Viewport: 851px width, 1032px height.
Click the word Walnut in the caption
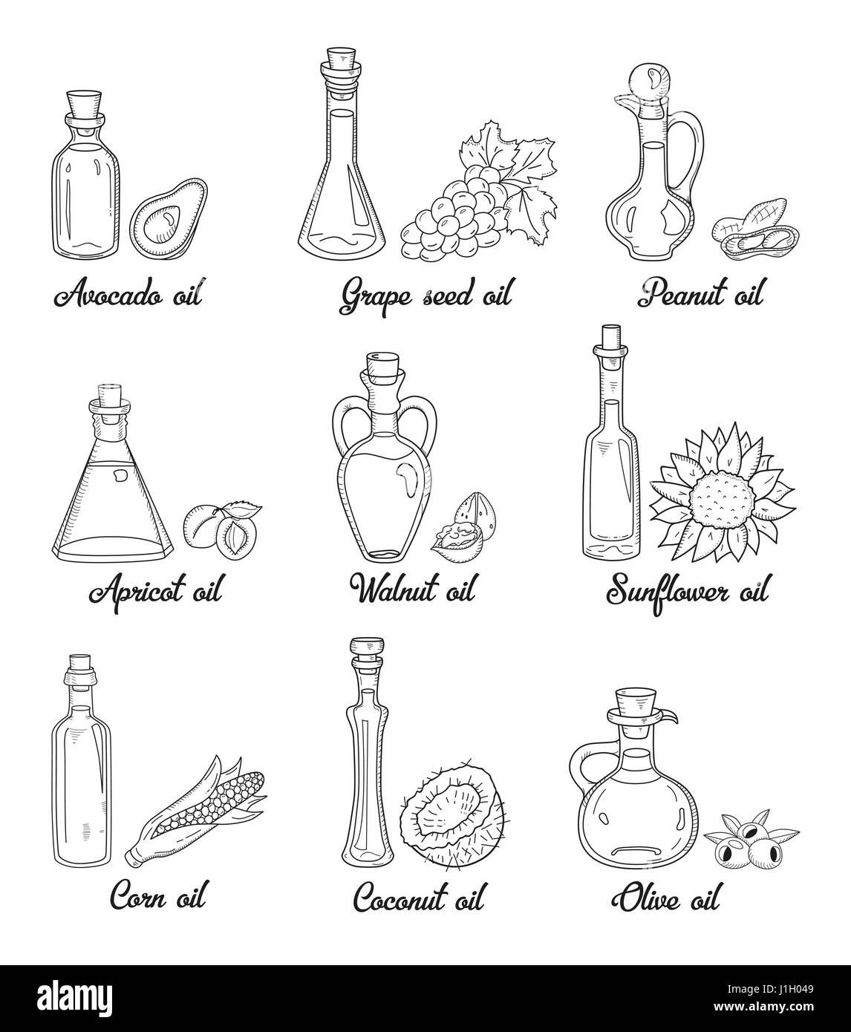[x=394, y=590]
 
